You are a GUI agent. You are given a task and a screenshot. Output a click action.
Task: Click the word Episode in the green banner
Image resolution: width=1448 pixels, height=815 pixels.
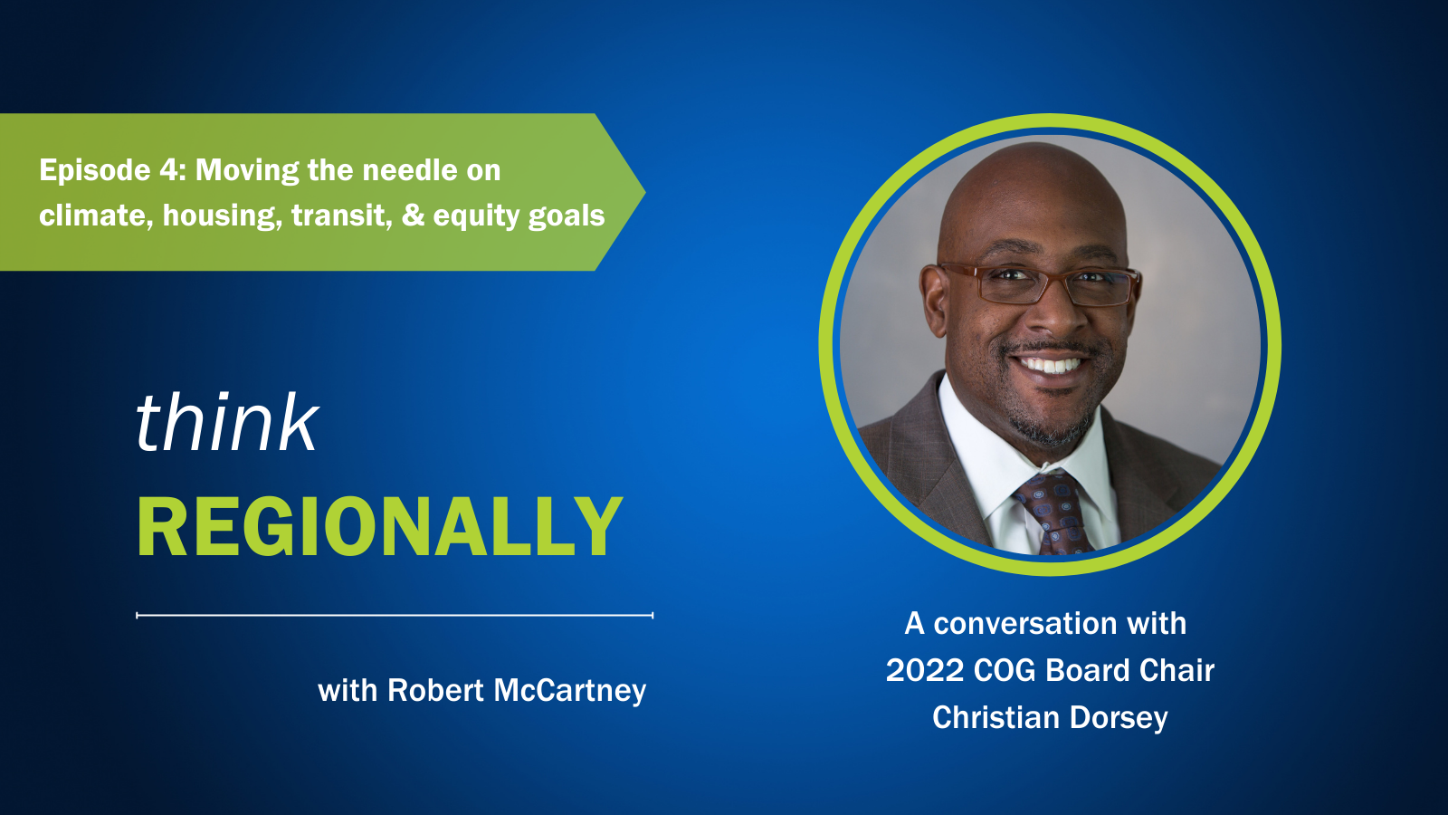(95, 171)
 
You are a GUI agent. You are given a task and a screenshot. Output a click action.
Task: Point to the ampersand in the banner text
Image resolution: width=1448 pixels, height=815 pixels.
(413, 216)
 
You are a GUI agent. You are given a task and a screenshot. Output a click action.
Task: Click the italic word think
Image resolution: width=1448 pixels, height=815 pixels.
(227, 422)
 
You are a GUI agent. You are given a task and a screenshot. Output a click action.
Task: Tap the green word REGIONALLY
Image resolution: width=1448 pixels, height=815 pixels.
(380, 526)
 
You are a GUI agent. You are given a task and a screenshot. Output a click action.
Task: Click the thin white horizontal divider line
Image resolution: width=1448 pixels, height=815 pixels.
(395, 615)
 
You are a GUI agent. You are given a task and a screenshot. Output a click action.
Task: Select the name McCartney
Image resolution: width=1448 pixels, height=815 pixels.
(569, 691)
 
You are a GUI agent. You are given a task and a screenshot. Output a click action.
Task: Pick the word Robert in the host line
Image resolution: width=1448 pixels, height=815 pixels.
(435, 690)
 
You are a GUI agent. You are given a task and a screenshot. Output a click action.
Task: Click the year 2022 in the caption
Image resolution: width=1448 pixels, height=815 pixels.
(924, 670)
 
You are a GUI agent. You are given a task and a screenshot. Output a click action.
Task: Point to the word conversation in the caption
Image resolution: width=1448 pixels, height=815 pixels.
(1025, 624)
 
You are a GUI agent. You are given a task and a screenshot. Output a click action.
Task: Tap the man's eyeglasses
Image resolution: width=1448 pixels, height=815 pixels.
(1039, 283)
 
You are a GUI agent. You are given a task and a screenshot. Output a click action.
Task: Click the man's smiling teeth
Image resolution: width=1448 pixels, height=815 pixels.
(1049, 366)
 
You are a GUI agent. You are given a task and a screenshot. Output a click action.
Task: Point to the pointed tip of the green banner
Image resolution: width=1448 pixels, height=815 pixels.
(645, 191)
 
